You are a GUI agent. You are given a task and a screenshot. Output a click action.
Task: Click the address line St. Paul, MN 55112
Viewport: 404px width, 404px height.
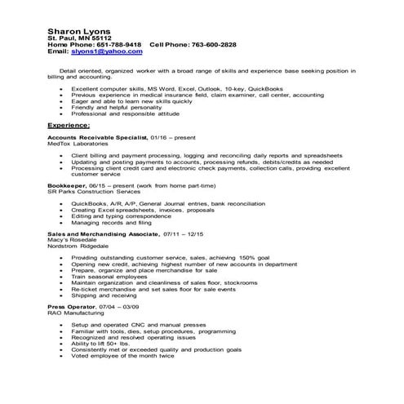pyautogui.click(x=79, y=38)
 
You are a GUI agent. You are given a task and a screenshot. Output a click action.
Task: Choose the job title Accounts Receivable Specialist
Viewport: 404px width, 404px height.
pyautogui.click(x=97, y=140)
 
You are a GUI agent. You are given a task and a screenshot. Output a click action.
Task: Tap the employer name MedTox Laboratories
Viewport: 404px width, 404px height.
pyautogui.click(x=75, y=146)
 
